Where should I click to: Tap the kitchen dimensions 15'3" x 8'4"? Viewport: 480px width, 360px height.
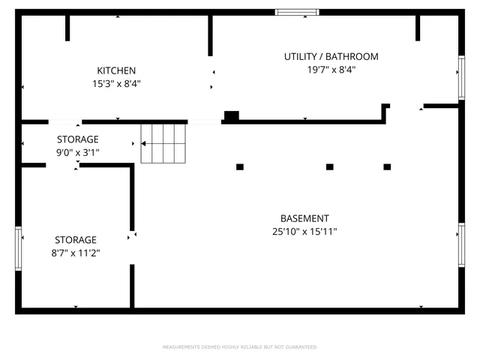click(116, 84)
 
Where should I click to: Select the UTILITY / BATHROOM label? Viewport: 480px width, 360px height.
click(331, 56)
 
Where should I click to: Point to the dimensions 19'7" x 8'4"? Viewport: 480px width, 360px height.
click(331, 70)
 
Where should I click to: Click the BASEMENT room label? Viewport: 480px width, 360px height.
click(304, 218)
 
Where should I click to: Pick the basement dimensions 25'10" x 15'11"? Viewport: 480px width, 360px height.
click(304, 232)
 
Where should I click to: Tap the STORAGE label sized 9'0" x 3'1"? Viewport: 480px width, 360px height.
click(78, 139)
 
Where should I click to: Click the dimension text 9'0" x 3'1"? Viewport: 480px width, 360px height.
click(78, 152)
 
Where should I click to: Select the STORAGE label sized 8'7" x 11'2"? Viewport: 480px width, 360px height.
click(75, 240)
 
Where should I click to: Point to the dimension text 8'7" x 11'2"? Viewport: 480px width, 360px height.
click(75, 253)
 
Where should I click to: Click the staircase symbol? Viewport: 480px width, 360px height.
click(163, 142)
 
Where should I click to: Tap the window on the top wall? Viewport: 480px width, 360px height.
click(297, 12)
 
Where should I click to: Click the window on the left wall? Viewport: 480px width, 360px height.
click(19, 247)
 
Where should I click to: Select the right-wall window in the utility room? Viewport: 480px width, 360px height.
click(461, 77)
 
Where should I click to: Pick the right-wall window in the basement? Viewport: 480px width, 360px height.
click(461, 244)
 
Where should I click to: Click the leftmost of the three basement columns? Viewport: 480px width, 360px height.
click(240, 166)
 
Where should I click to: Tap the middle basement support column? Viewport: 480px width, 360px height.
click(329, 166)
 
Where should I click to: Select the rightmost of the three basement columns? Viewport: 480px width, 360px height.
click(387, 166)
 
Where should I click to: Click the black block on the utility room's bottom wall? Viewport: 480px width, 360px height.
click(232, 115)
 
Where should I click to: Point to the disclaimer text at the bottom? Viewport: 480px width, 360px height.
click(240, 347)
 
